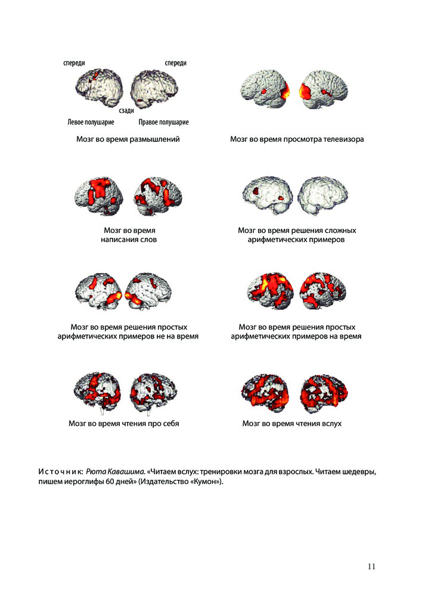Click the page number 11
click(x=371, y=566)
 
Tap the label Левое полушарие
click(x=91, y=122)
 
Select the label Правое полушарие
click(x=163, y=122)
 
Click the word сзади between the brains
click(x=126, y=110)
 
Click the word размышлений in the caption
click(x=154, y=139)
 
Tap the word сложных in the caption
click(x=339, y=230)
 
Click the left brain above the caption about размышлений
click(x=99, y=88)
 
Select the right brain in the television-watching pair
click(x=323, y=90)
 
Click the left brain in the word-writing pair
click(x=99, y=195)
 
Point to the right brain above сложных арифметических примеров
click(x=322, y=195)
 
